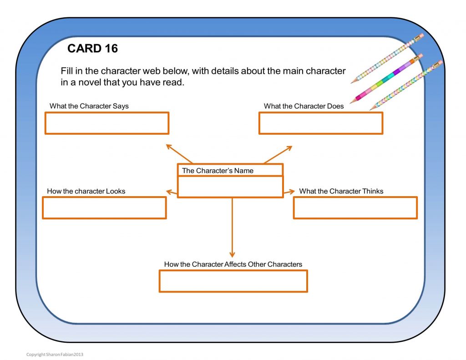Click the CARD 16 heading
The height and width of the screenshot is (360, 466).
pos(92,48)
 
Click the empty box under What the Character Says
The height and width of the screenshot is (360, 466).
pos(107,123)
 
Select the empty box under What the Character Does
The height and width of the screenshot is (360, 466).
pos(321,123)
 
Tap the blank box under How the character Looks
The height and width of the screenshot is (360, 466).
pos(104,208)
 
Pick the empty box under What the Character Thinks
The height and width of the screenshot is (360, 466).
pos(355,208)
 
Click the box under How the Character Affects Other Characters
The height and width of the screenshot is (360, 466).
pos(233,281)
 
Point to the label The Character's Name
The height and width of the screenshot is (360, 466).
pos(218,171)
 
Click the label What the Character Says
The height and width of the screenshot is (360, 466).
pos(89,106)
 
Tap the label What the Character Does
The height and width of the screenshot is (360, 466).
pos(304,106)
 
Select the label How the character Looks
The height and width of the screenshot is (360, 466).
pos(86,191)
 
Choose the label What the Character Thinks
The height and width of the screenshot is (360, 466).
pos(341,191)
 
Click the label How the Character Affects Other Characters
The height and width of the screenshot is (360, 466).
pos(233,264)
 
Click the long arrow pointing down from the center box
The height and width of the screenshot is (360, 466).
pos(232,228)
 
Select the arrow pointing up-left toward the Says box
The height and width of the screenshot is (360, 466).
pos(178,154)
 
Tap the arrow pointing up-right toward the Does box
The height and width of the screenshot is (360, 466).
pos(278,155)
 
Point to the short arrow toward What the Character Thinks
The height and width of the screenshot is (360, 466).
pos(289,193)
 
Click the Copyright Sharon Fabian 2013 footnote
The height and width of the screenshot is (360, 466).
pos(55,354)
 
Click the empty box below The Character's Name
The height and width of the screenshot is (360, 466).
pos(230,187)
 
